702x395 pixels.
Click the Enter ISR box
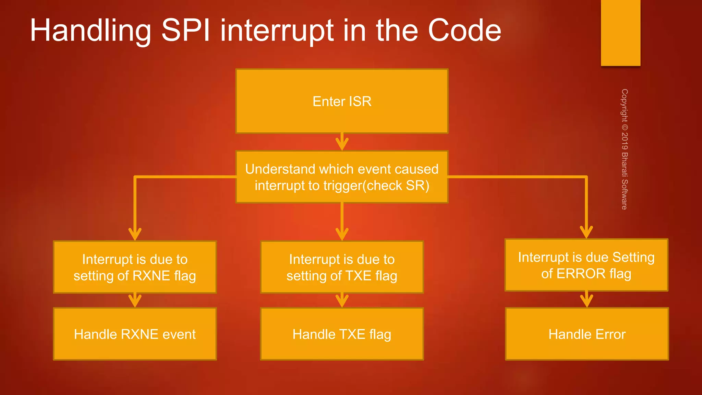tap(342, 101)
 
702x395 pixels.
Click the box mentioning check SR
tap(342, 177)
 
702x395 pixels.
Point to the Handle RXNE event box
tap(135, 334)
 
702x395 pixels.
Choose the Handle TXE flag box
tap(342, 334)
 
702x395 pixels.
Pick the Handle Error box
tap(587, 334)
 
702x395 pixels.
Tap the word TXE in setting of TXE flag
tap(354, 276)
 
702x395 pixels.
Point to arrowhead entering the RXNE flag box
tap(135, 235)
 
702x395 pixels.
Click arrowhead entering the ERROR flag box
tap(586, 232)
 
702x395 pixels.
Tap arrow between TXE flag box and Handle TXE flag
tap(342, 300)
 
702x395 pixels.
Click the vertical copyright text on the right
tap(625, 149)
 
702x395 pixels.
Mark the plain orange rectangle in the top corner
tap(620, 33)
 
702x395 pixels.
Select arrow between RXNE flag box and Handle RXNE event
tap(135, 300)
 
